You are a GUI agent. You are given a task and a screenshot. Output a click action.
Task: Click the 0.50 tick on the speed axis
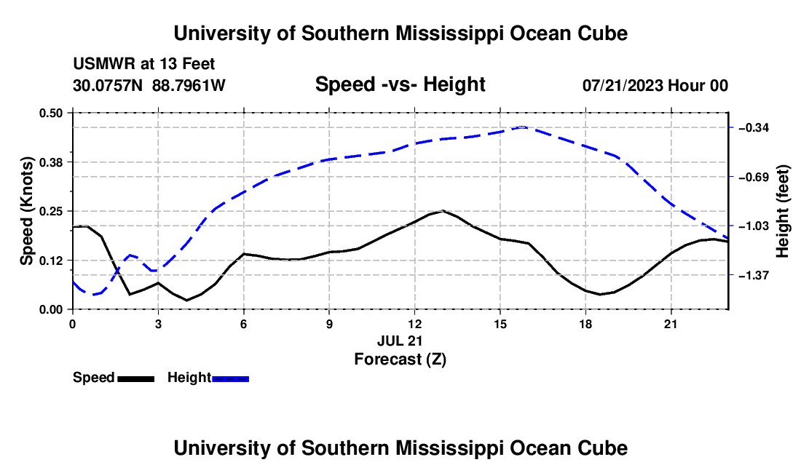tap(50, 113)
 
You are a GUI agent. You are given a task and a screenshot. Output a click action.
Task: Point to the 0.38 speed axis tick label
tap(50, 162)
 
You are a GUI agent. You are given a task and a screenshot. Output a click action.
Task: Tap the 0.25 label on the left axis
tap(50, 211)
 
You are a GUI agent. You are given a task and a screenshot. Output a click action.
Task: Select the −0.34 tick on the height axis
tap(754, 127)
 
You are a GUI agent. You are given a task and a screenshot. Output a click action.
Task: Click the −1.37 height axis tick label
tap(754, 276)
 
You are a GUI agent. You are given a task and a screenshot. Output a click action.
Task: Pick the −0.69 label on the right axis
tap(754, 177)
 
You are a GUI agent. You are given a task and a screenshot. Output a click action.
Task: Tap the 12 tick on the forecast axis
tap(415, 324)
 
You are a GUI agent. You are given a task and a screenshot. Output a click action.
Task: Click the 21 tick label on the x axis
tap(671, 324)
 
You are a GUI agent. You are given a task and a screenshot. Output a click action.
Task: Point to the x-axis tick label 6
tap(244, 324)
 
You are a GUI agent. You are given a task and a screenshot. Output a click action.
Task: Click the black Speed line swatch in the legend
tap(136, 379)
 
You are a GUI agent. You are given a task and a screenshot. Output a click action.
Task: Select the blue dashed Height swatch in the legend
tap(230, 379)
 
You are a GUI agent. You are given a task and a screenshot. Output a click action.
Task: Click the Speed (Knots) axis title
tap(26, 211)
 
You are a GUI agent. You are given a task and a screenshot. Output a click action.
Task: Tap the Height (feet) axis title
tap(783, 211)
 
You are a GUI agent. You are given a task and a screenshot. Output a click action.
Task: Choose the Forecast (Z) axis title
tap(400, 359)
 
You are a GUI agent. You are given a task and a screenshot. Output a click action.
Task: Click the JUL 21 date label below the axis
tap(400, 341)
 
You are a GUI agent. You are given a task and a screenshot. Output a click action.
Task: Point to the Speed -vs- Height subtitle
tap(400, 84)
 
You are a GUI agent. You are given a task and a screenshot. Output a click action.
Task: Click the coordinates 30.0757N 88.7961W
tap(149, 85)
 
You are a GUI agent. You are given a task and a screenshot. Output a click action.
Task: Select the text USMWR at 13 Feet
tap(144, 64)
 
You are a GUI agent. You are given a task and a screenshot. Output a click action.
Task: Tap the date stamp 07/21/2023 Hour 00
tap(655, 85)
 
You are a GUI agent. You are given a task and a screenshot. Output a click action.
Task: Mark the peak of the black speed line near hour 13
tap(443, 211)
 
